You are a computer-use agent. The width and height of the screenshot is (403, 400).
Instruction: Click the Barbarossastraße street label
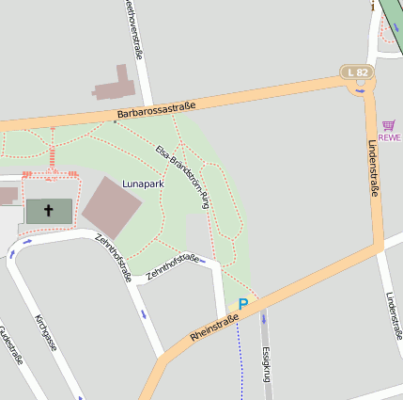point(156,110)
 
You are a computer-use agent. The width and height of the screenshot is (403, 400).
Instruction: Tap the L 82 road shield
point(357,72)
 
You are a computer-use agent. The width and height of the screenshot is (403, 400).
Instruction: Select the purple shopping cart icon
point(389,125)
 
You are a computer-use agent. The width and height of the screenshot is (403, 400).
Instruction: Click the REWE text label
point(390,137)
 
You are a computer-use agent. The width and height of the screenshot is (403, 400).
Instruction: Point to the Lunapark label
point(143,184)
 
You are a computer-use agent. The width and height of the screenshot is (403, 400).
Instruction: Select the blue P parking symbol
point(242,304)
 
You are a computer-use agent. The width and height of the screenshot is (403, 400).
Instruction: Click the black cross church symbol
point(49,211)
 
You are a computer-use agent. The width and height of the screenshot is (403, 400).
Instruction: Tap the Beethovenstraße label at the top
point(132,28)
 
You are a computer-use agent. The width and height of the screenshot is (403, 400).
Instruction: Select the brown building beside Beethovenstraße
point(114,85)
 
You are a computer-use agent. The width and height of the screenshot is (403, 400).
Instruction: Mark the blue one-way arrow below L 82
point(360,91)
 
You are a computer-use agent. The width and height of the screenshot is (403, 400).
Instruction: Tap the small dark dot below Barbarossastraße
point(115,120)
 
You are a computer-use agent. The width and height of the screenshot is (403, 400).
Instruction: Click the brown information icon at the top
point(373,6)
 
